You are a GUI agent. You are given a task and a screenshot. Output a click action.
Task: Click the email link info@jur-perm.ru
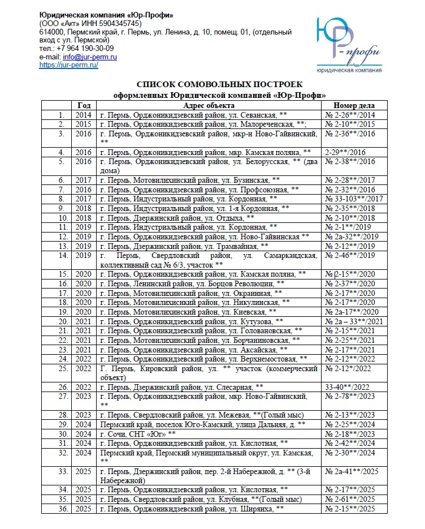click(x=90, y=57)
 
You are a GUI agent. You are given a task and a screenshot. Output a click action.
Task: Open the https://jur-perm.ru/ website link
click(x=68, y=65)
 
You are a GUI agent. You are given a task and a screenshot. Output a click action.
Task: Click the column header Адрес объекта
click(x=209, y=105)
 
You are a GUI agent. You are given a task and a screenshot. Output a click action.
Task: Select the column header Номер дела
click(x=354, y=105)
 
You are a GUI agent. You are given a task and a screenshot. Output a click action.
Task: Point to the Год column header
click(x=84, y=105)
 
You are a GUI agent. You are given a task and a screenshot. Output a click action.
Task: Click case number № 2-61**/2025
click(x=350, y=500)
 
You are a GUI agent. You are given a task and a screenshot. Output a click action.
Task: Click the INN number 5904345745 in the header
click(x=120, y=23)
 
